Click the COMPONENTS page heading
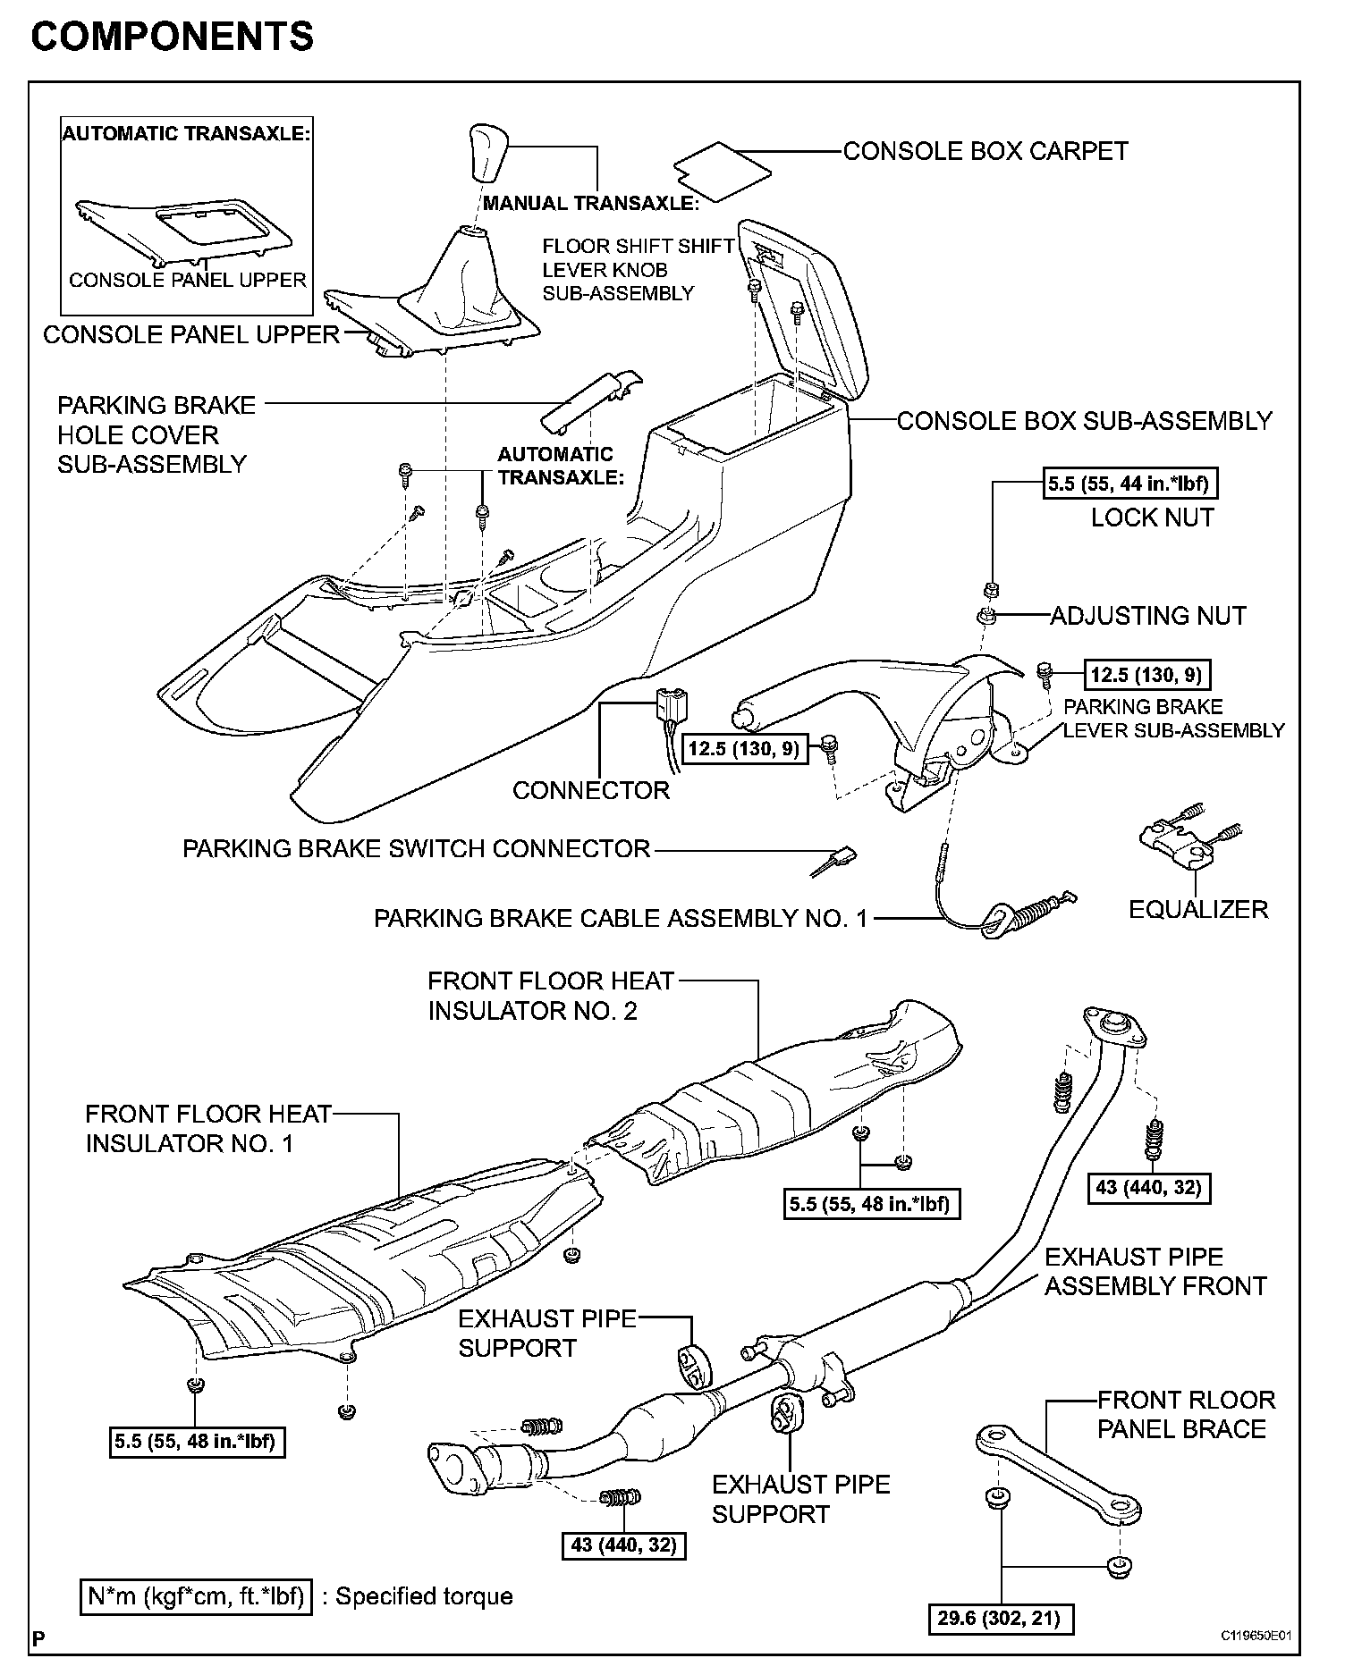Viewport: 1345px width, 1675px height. (173, 37)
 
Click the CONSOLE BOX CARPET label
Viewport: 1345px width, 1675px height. (985, 151)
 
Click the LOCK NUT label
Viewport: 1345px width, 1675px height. (1152, 518)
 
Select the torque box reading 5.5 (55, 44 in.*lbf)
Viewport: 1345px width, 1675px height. (1131, 484)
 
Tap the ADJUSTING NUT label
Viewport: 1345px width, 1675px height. (1147, 615)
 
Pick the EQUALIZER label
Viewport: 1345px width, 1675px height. (1198, 909)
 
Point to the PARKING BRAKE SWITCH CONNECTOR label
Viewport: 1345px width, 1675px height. (416, 848)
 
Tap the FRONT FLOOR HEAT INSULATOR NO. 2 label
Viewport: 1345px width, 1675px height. (550, 996)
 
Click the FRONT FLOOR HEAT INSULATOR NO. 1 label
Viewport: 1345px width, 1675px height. (207, 1129)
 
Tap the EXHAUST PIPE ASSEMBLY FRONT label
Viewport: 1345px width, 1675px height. (1155, 1271)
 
